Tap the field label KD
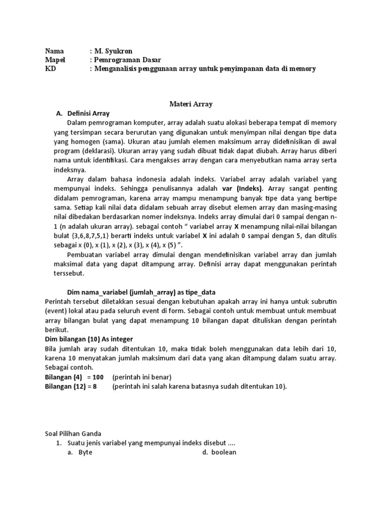pos(50,69)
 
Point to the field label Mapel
pos(55,60)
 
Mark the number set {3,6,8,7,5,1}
pos(96,236)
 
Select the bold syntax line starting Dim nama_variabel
pos(141,292)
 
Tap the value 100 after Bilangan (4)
pos(98,377)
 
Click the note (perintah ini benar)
pos(142,377)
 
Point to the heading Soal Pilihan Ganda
pos(73,433)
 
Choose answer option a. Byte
pos(80,452)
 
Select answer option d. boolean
pos(219,452)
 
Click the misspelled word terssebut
pos(69,273)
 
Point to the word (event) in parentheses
pos(57,311)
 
